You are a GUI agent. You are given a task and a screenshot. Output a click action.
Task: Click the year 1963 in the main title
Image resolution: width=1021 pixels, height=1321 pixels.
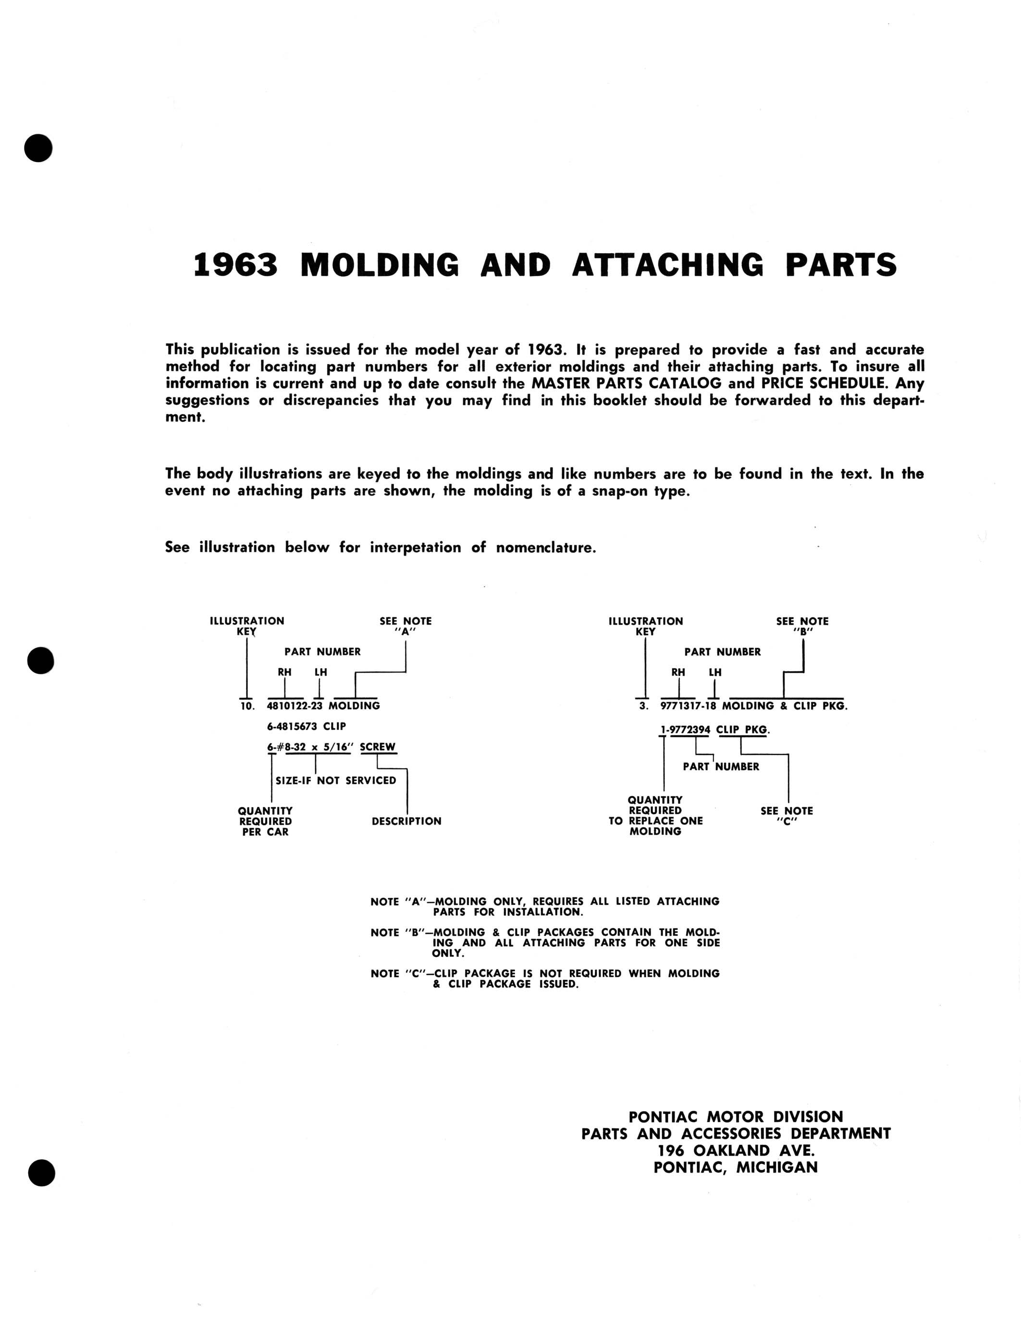[x=235, y=265]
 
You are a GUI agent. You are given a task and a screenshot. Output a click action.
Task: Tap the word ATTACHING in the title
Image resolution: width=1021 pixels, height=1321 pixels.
[x=667, y=265]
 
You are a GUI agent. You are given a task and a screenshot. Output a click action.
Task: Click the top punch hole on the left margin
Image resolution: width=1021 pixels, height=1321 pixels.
[x=39, y=147]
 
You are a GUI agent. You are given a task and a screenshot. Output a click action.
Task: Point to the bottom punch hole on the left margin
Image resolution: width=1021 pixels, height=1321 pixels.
[x=41, y=1173]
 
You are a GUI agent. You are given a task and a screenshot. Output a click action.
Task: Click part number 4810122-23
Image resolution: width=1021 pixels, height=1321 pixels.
[x=295, y=706]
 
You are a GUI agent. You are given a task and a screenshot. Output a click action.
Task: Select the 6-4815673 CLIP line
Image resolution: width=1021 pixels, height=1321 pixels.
[x=306, y=726]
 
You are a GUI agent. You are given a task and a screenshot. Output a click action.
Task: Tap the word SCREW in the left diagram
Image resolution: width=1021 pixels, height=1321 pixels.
[x=378, y=747]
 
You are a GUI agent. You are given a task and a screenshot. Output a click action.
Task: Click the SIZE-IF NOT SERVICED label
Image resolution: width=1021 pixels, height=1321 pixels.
[x=336, y=780]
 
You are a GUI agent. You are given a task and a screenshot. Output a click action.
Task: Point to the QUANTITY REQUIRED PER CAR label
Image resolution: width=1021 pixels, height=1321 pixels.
[x=265, y=821]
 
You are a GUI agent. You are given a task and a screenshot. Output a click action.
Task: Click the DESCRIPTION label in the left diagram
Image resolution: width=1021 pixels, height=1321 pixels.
[x=406, y=821]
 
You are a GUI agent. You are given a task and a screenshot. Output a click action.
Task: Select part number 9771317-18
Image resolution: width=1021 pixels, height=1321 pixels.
[x=688, y=706]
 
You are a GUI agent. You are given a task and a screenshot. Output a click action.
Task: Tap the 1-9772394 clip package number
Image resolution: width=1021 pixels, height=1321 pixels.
[x=685, y=730]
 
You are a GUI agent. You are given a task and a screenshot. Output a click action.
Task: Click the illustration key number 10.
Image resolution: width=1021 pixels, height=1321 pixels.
[x=247, y=706]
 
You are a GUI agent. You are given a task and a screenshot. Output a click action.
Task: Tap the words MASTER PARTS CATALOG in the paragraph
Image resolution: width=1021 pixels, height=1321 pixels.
[x=626, y=383]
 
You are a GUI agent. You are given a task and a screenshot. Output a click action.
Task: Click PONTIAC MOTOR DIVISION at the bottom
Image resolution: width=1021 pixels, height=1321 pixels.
[x=736, y=1116]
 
